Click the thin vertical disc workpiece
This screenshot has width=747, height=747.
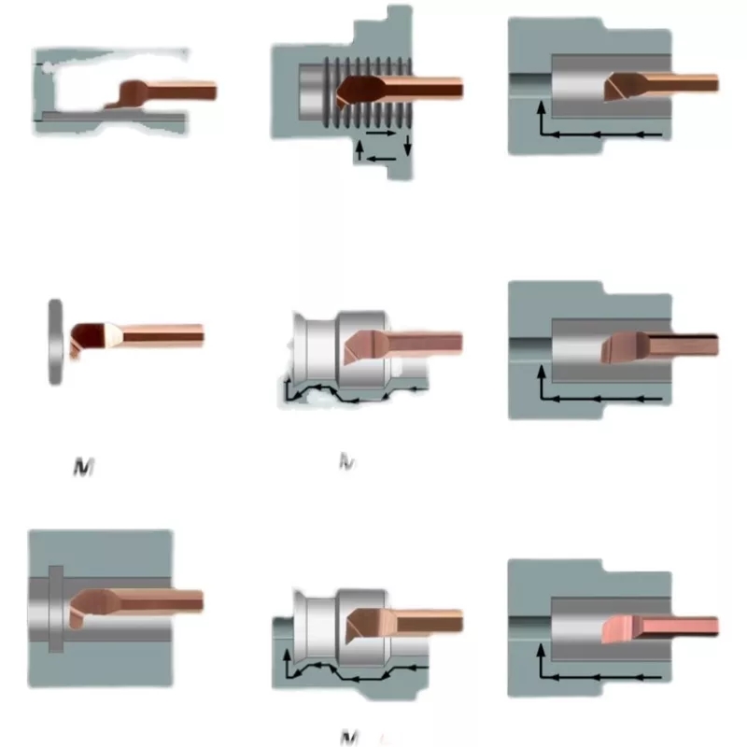55,342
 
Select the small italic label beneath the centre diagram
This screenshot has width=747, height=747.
346,460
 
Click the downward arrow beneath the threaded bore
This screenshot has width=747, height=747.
407,145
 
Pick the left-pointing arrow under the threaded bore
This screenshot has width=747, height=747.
377,159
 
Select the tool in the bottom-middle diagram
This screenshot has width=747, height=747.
402,622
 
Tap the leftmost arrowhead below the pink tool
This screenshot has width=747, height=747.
547,674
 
